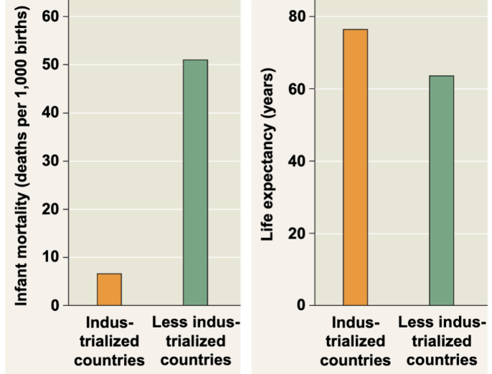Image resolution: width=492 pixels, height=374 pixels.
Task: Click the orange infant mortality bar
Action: point(109,289)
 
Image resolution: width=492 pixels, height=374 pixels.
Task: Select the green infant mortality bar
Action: point(195,183)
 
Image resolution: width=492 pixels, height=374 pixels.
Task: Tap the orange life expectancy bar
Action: point(355,168)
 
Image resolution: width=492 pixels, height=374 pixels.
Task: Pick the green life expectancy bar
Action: point(441,191)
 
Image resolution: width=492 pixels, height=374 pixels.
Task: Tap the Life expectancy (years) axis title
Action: point(268,155)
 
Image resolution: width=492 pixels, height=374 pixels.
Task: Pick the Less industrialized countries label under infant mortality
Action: point(195,341)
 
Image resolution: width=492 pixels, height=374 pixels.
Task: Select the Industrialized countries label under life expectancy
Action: point(354,341)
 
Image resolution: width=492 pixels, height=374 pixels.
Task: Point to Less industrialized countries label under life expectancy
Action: point(441,341)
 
